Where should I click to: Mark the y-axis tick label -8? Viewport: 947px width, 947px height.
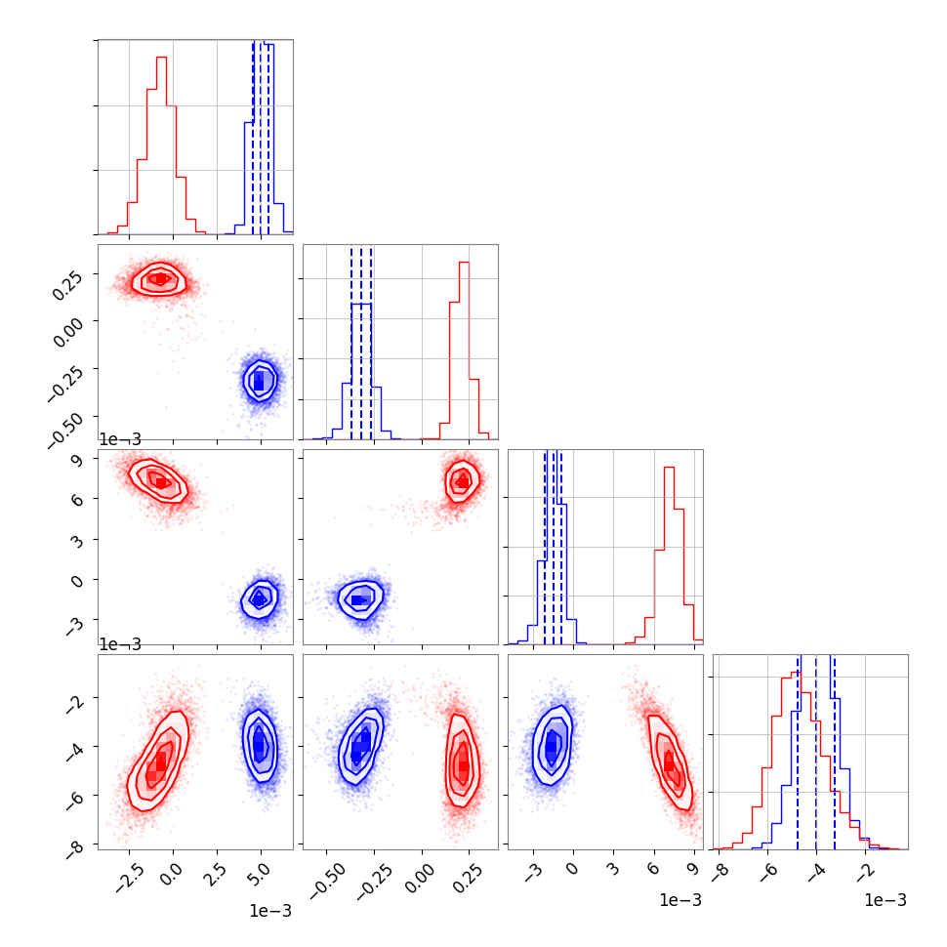coord(74,845)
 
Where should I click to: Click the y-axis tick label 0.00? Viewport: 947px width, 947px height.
coord(66,332)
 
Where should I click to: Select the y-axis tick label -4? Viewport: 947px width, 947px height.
coord(74,750)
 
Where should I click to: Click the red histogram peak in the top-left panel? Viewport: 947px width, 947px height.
coord(161,59)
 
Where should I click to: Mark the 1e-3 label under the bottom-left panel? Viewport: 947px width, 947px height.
coord(270,910)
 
